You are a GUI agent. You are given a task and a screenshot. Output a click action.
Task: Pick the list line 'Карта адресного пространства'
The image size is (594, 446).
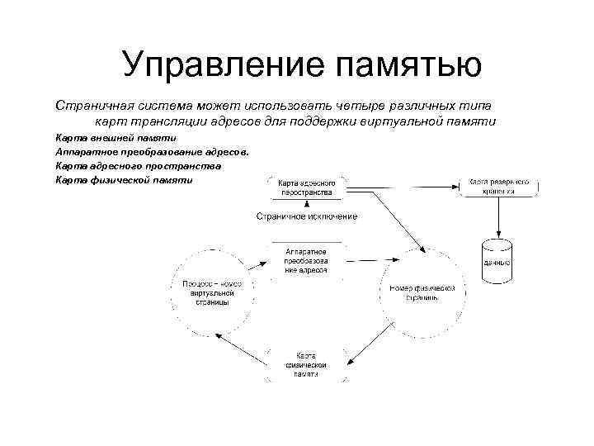(138, 166)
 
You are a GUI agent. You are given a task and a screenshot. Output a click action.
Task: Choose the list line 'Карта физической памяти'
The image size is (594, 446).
(124, 180)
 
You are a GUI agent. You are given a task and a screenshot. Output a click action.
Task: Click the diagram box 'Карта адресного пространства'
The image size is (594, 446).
(304, 187)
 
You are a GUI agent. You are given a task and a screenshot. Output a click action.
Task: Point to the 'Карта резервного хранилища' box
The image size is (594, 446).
(499, 186)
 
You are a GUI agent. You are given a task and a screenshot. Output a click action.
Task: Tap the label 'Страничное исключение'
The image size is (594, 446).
(306, 216)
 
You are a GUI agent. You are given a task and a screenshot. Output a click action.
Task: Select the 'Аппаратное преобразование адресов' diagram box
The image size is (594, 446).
(306, 259)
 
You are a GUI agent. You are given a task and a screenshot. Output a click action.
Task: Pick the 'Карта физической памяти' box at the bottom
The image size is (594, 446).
(306, 364)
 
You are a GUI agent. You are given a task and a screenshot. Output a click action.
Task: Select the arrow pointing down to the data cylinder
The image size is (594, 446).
(498, 218)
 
